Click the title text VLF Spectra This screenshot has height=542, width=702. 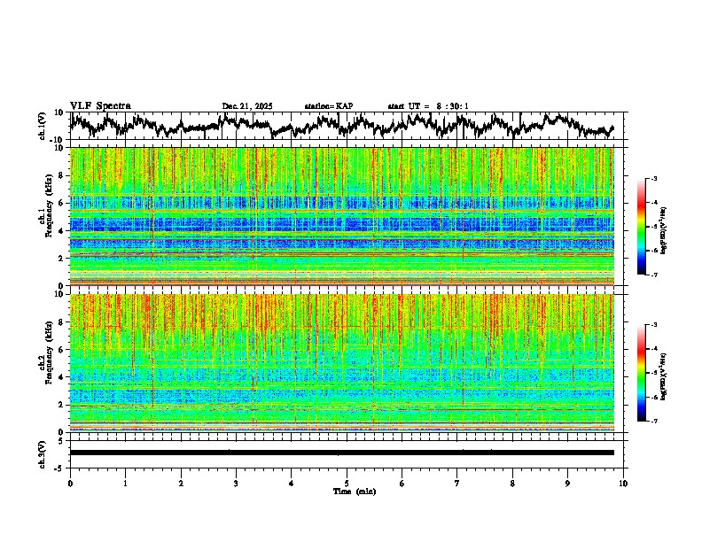(100, 105)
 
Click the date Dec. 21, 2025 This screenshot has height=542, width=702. (247, 106)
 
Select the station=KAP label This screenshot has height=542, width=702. (328, 106)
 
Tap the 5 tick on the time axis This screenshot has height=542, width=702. (347, 483)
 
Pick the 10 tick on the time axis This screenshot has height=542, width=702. (623, 483)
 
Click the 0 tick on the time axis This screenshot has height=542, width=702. (70, 483)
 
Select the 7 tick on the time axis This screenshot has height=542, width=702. (457, 483)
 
